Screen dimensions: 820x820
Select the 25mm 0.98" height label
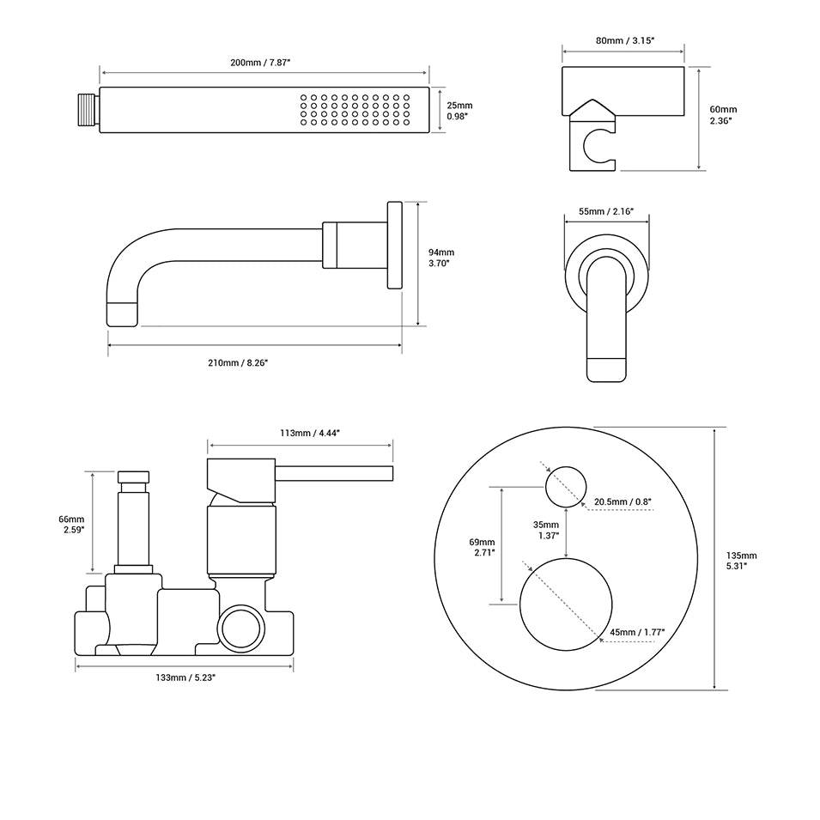pyautogui.click(x=459, y=110)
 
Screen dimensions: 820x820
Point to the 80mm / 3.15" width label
pyautogui.click(x=623, y=39)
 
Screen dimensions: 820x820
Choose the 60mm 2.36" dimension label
pyautogui.click(x=723, y=115)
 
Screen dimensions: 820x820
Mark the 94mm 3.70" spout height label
pyautogui.click(x=441, y=258)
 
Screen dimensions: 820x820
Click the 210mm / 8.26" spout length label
pyautogui.click(x=238, y=363)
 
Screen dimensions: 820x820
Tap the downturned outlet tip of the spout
pyautogui.click(x=121, y=313)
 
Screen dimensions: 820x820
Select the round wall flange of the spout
pyautogui.click(x=394, y=246)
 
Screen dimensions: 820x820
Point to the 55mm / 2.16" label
pyautogui.click(x=605, y=210)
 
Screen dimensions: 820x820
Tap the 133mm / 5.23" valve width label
pyautogui.click(x=185, y=678)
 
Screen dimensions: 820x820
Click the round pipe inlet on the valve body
pyautogui.click(x=240, y=628)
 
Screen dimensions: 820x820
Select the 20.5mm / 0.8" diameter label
pyautogui.click(x=624, y=501)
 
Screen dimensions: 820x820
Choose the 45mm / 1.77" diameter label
pyautogui.click(x=638, y=632)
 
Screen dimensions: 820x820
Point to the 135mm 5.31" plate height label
pyautogui.click(x=742, y=560)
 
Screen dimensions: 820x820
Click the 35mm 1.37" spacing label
pyautogui.click(x=545, y=530)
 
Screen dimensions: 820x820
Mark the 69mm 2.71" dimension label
pyautogui.click(x=483, y=547)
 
